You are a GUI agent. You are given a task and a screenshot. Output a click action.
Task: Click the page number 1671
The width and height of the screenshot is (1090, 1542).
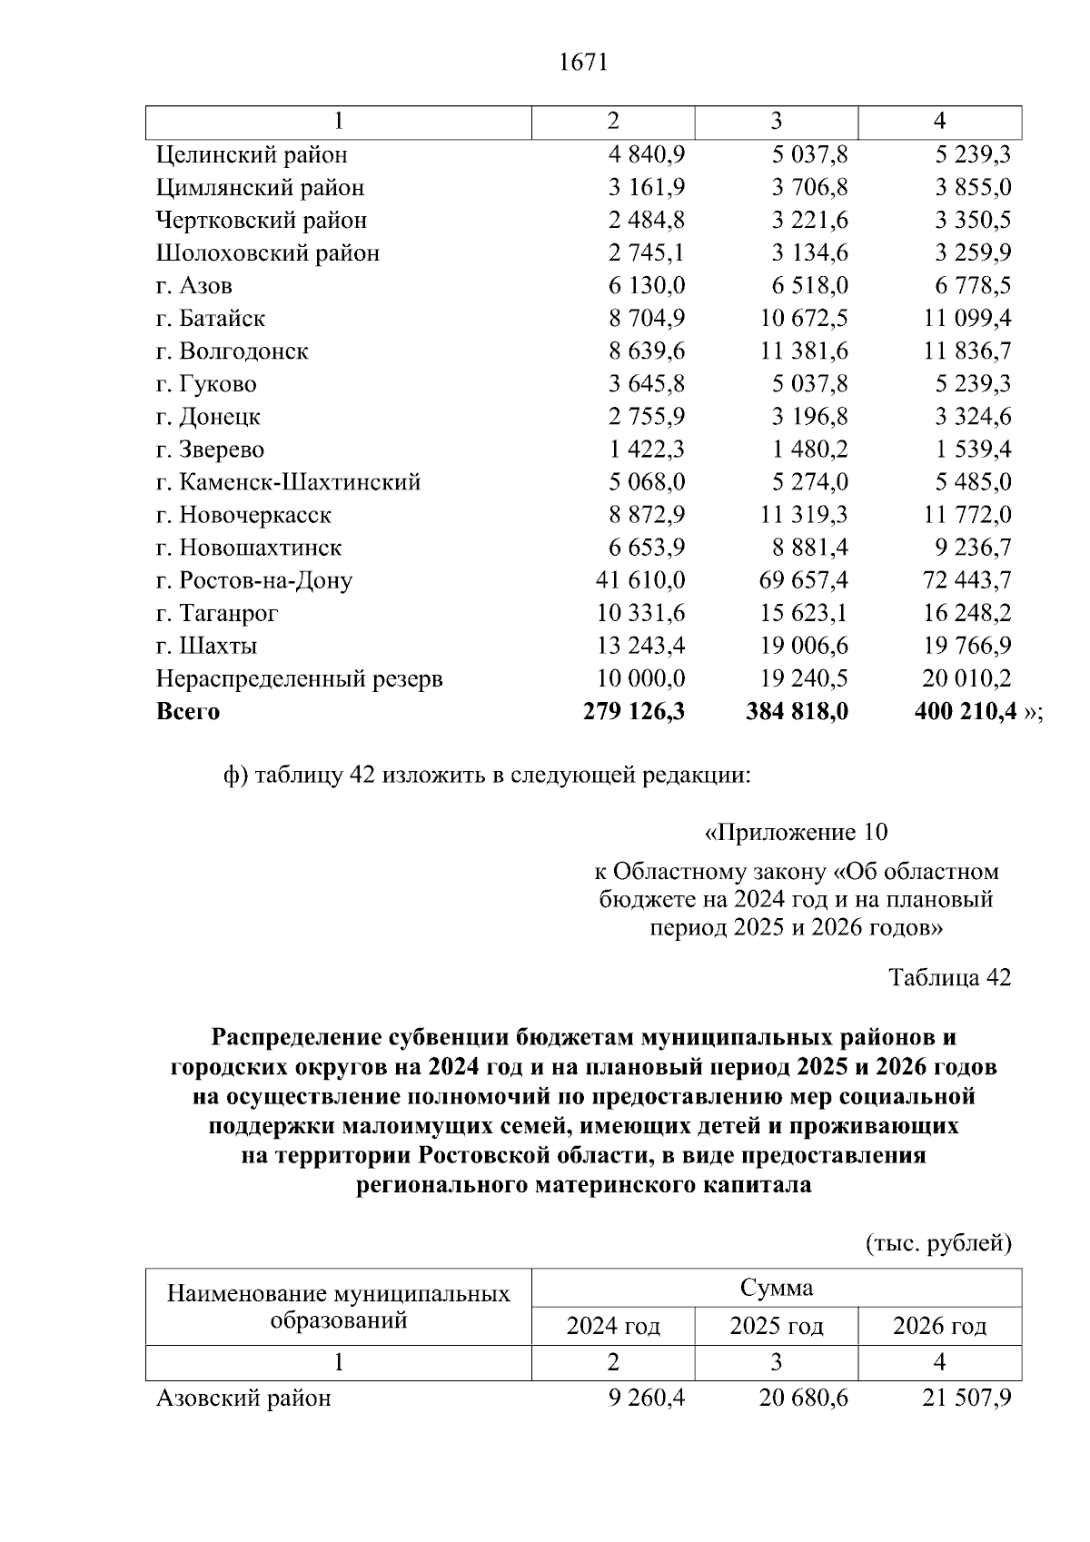click(583, 63)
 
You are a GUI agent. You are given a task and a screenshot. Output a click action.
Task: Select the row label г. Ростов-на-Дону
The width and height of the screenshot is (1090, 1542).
click(254, 580)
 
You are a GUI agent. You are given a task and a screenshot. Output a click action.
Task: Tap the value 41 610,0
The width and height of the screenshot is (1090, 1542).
click(640, 580)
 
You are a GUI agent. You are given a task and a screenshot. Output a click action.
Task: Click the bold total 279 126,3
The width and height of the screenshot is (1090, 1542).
click(634, 712)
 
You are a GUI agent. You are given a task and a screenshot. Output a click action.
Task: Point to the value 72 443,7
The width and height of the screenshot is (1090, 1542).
click(966, 580)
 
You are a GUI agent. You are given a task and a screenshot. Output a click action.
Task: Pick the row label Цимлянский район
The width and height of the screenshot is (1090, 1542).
click(260, 188)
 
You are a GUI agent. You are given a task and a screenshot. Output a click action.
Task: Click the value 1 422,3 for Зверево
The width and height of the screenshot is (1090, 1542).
click(647, 450)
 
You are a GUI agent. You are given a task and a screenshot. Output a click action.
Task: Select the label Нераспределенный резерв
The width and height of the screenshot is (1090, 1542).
click(300, 679)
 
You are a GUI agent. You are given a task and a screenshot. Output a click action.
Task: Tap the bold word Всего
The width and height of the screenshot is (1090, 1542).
click(188, 712)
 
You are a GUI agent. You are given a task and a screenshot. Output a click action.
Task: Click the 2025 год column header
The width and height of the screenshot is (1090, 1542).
click(777, 1327)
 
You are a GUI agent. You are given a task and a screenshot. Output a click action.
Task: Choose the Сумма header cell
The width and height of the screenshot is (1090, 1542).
click(777, 1288)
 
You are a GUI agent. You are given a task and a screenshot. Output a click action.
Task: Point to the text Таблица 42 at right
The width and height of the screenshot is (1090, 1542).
click(949, 978)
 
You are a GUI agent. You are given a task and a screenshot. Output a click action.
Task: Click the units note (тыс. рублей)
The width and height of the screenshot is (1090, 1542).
click(938, 1243)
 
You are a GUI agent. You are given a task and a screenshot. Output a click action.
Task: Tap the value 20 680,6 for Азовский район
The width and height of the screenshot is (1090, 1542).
click(804, 1399)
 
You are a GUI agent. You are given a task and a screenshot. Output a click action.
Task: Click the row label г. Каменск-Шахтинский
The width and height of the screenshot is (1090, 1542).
click(288, 482)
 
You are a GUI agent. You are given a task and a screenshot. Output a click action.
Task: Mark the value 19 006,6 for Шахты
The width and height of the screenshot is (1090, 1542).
click(804, 647)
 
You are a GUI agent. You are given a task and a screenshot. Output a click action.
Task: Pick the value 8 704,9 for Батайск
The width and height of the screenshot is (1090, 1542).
click(647, 319)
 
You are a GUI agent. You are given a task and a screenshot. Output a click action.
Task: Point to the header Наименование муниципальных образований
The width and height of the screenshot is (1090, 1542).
click(339, 1307)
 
